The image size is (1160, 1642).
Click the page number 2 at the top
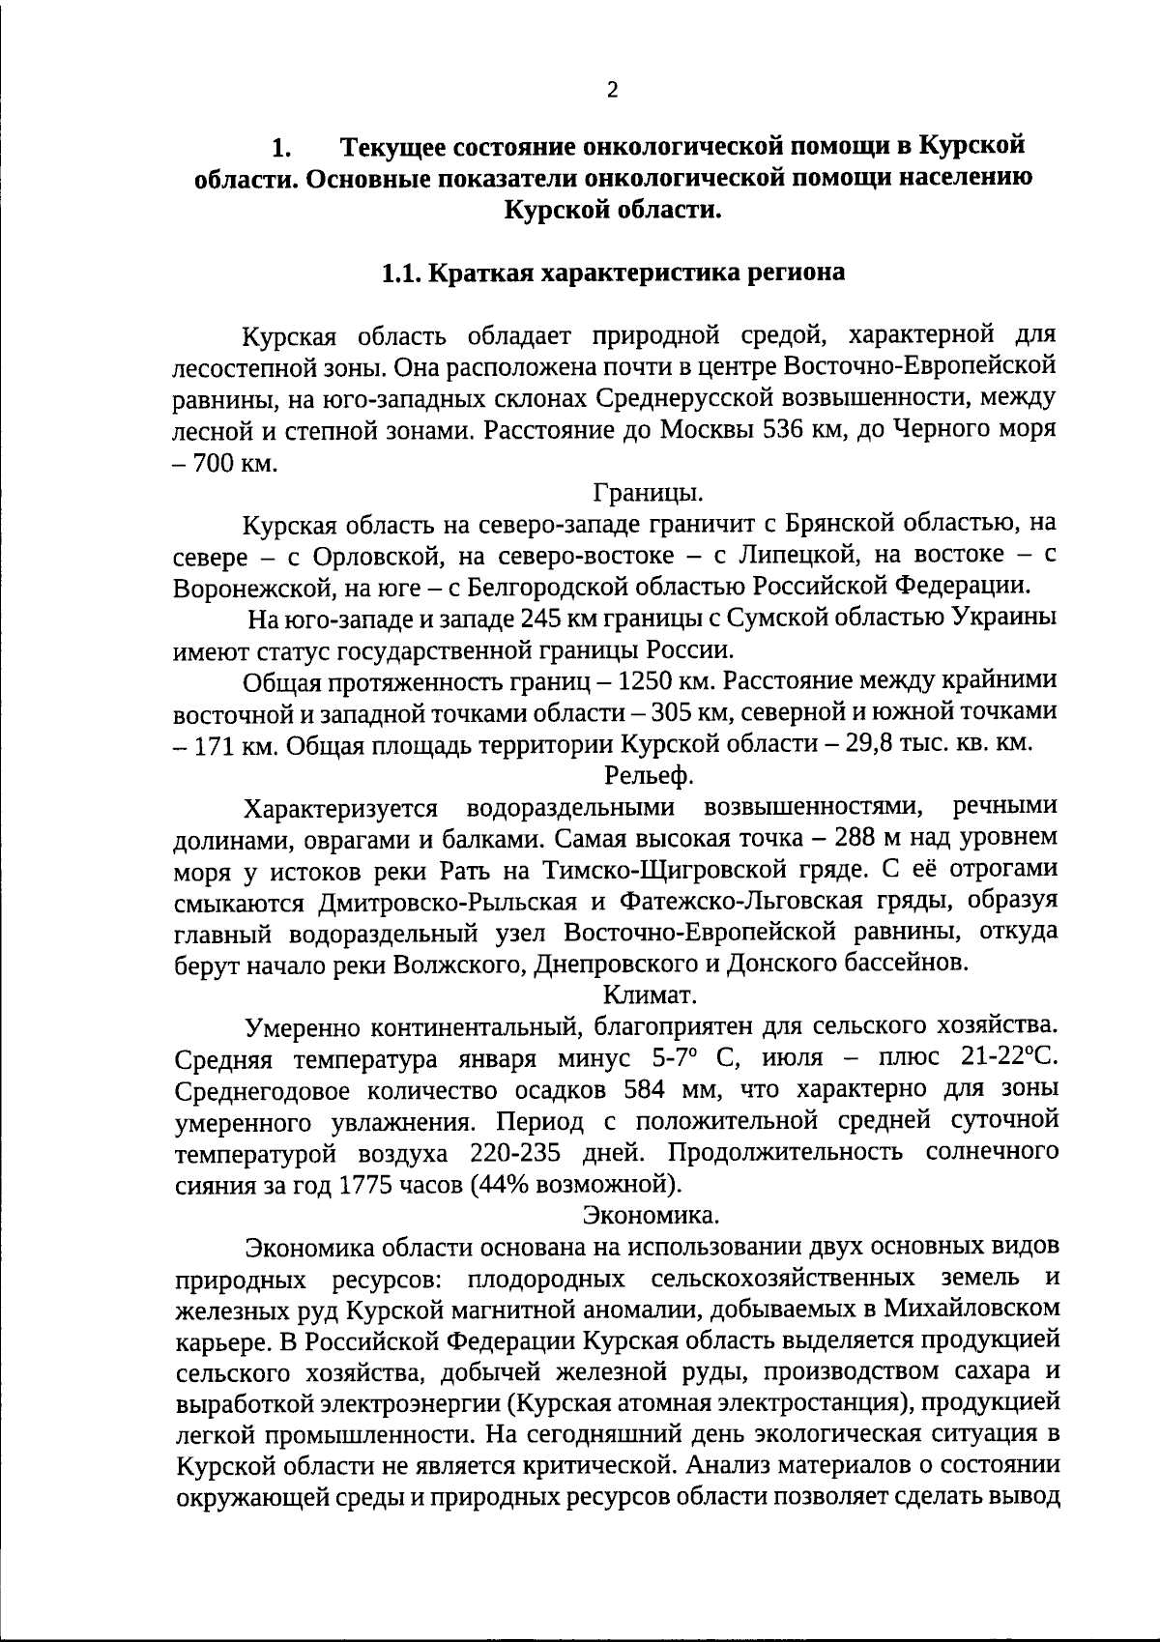611,90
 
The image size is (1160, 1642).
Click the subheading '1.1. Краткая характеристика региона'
613,273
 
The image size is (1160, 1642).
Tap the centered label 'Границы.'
648,493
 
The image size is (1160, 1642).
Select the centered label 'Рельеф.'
649,774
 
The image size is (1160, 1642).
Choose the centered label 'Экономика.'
650,1212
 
